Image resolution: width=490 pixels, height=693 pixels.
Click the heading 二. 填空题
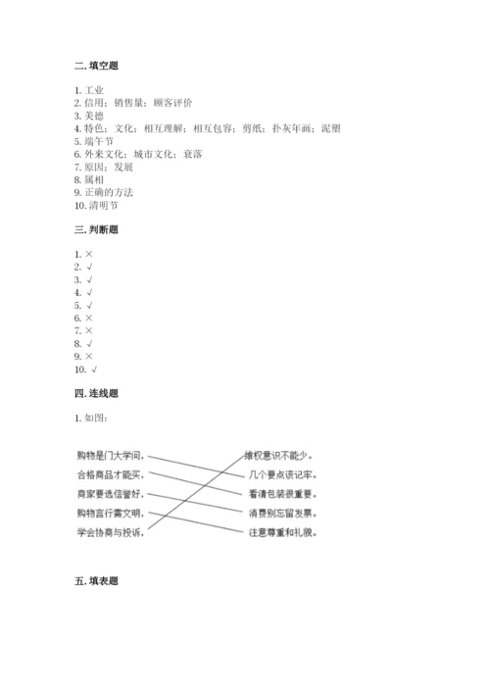coord(96,66)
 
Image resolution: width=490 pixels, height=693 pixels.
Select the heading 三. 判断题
coord(96,229)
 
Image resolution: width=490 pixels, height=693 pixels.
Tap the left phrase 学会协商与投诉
coord(110,532)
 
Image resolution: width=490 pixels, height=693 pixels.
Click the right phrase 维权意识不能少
coord(281,455)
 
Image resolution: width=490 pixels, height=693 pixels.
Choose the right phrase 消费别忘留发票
coord(281,513)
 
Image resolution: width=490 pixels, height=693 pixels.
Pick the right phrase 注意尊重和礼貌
coord(281,532)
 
